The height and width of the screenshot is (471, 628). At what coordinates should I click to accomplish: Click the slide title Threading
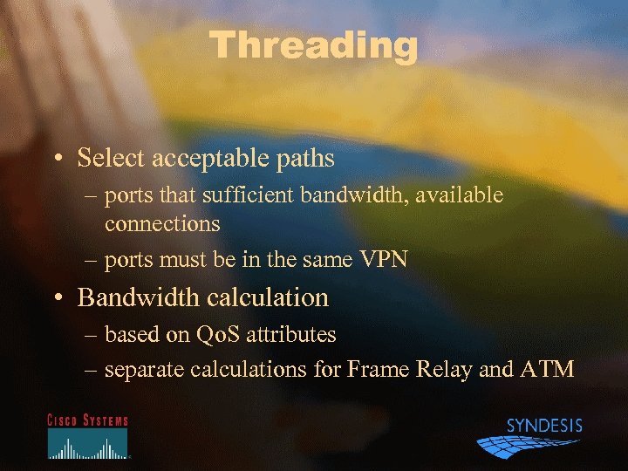pos(314,45)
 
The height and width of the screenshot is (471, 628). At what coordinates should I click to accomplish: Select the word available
pos(459,195)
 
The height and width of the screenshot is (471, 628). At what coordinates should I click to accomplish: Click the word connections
pos(162,223)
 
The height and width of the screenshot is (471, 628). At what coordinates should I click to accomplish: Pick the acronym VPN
pos(384,260)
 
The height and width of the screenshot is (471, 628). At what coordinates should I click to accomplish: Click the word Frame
pos(374,370)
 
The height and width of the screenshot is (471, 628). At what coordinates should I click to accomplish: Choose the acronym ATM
pos(547,370)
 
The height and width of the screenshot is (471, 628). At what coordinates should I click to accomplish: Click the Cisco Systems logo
pos(87,435)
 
